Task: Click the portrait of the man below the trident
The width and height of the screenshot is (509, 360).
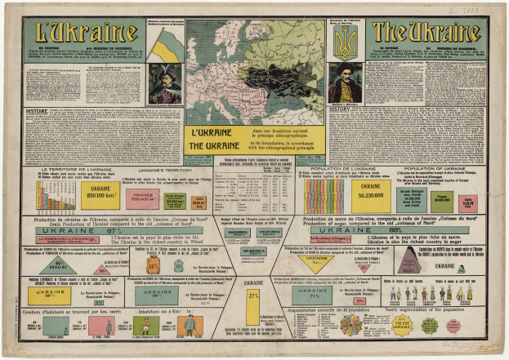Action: pyautogui.click(x=346, y=82)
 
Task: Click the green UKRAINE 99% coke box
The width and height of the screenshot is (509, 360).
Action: pyautogui.click(x=155, y=296)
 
